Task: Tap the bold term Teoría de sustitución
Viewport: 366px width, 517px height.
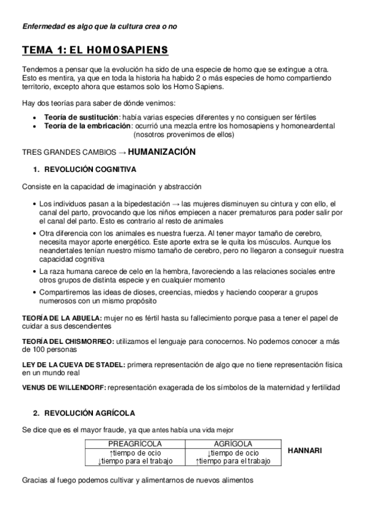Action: [x=80, y=116]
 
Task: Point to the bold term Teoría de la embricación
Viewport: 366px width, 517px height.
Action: [x=87, y=126]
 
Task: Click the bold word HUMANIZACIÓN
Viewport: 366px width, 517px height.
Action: [x=161, y=151]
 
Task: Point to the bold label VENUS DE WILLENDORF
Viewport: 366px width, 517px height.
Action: [x=64, y=388]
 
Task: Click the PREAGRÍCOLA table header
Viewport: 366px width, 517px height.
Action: [x=134, y=444]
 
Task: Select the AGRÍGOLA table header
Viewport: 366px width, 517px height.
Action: [x=233, y=444]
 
